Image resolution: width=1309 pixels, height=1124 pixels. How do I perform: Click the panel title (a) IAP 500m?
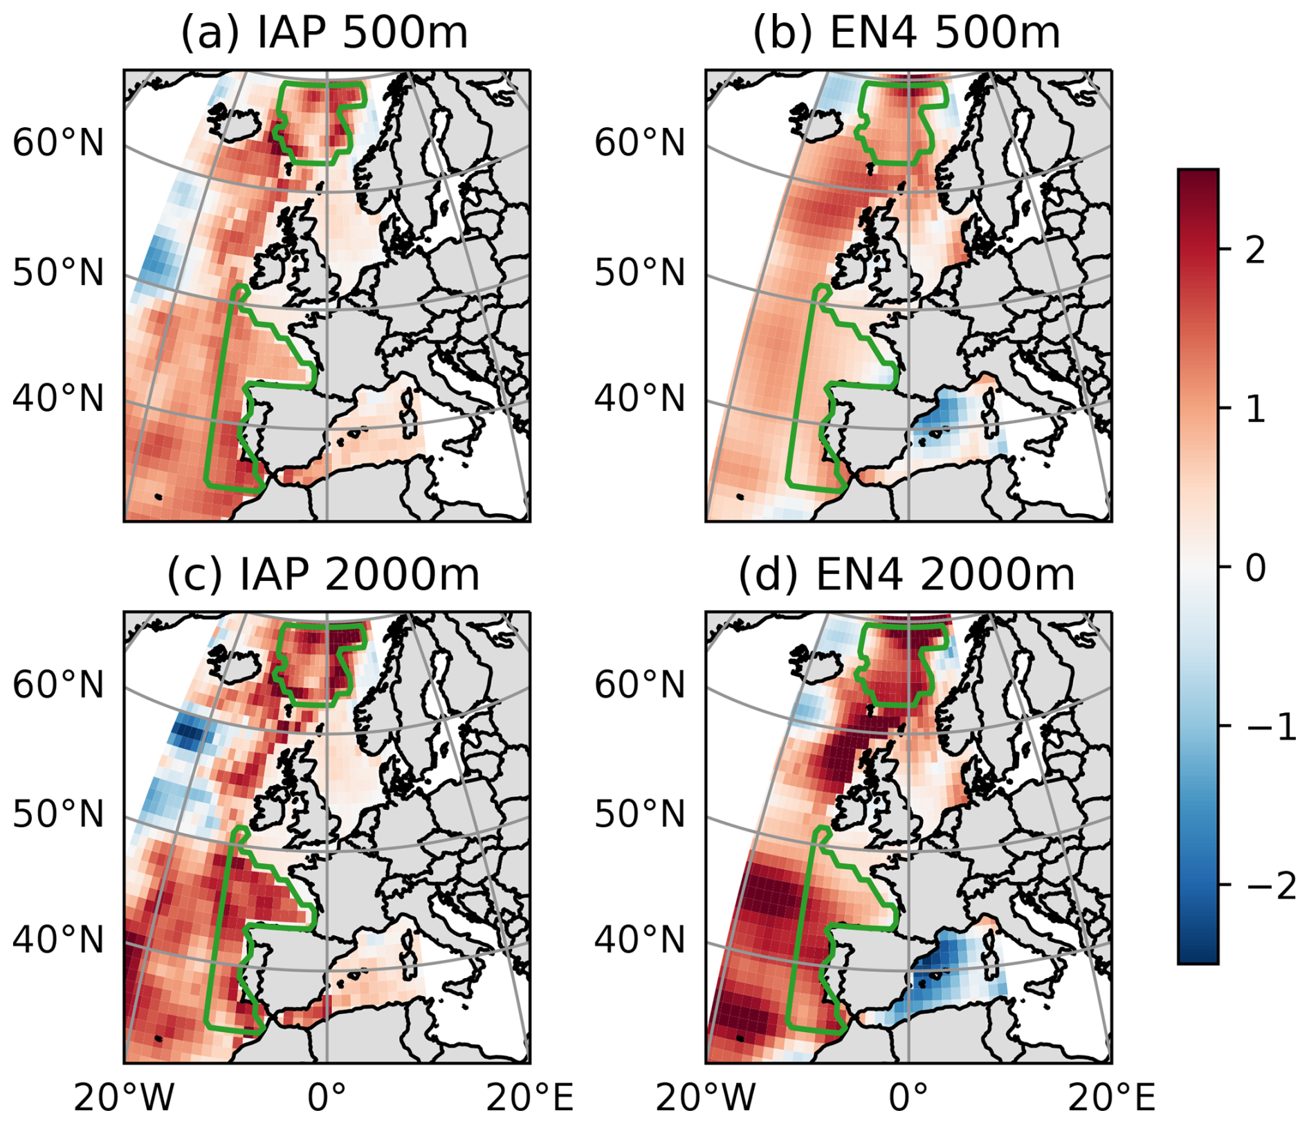[x=324, y=33]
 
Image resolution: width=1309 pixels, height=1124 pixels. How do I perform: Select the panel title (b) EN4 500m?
[x=906, y=33]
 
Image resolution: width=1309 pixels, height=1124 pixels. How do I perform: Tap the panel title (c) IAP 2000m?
[x=323, y=575]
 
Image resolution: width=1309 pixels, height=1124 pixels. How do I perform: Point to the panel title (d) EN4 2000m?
[x=906, y=575]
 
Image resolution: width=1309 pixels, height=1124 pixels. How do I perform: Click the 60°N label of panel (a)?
[x=58, y=143]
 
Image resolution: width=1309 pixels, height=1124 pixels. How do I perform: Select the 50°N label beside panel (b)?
[x=640, y=273]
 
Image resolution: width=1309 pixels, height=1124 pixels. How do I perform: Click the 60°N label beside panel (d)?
[x=640, y=685]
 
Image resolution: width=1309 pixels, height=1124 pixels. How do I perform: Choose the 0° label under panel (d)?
[x=908, y=1097]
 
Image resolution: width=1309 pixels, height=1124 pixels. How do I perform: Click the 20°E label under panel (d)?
[x=1111, y=1097]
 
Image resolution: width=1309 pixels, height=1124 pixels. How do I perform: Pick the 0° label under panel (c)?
[x=326, y=1097]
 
